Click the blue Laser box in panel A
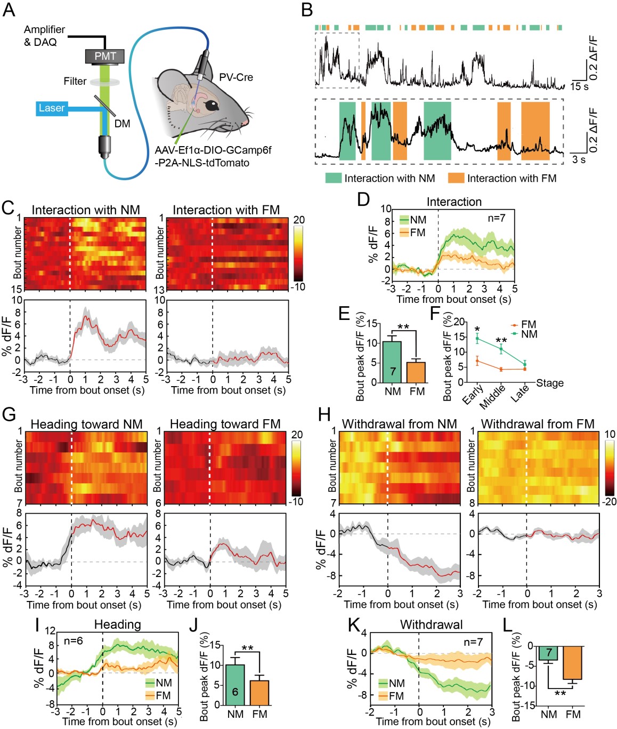point(51,108)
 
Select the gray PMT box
point(105,56)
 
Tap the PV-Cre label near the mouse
point(236,77)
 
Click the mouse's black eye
point(212,105)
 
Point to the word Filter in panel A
point(75,81)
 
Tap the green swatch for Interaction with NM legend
point(334,178)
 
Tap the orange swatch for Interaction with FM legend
point(456,178)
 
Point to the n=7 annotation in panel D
point(496,218)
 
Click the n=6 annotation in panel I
point(73,641)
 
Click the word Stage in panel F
point(549,383)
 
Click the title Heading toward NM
point(86,424)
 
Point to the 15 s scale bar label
point(579,86)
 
